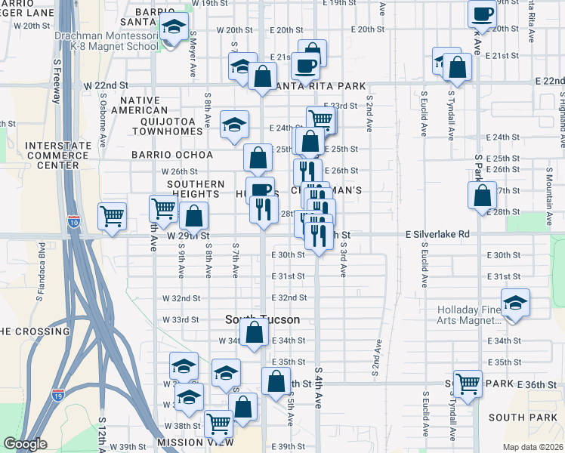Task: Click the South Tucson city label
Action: coord(262,319)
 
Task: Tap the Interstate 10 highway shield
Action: coord(73,221)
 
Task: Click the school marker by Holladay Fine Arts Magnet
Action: coord(515,304)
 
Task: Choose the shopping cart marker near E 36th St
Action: coord(468,382)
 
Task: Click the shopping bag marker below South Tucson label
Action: coord(256,331)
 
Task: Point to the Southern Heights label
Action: coord(196,189)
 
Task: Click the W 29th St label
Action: coord(188,236)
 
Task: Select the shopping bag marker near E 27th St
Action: coord(482,196)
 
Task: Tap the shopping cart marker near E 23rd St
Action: coord(321,119)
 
